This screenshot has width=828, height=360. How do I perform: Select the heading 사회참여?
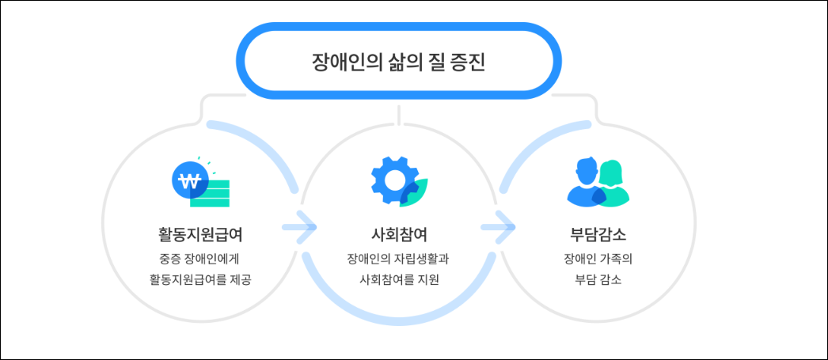click(399, 235)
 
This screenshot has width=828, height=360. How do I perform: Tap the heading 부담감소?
click(598, 235)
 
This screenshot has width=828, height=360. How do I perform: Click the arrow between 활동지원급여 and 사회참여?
click(299, 229)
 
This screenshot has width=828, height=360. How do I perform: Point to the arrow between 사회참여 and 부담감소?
click(498, 229)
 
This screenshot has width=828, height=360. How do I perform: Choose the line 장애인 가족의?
click(598, 258)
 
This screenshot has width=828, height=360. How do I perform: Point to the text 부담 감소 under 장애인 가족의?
click(598, 279)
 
